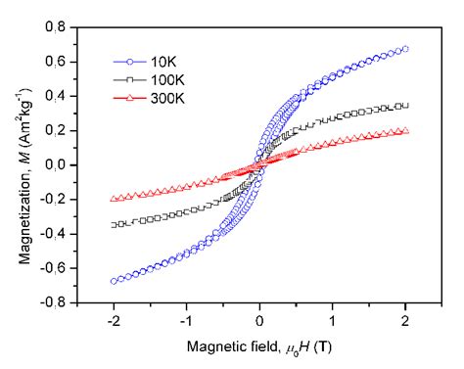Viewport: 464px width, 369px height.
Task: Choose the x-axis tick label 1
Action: click(x=333, y=319)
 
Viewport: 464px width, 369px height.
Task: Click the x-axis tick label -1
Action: click(x=186, y=319)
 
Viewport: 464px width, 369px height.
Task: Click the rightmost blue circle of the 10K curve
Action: click(x=405, y=48)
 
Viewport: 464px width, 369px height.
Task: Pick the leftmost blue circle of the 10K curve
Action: click(x=114, y=281)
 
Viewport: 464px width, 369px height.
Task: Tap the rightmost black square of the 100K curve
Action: click(x=405, y=106)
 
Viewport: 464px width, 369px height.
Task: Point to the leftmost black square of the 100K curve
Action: click(x=114, y=225)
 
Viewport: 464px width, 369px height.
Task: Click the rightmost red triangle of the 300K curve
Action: click(x=405, y=131)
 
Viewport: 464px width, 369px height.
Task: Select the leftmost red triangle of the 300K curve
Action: click(x=114, y=199)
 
